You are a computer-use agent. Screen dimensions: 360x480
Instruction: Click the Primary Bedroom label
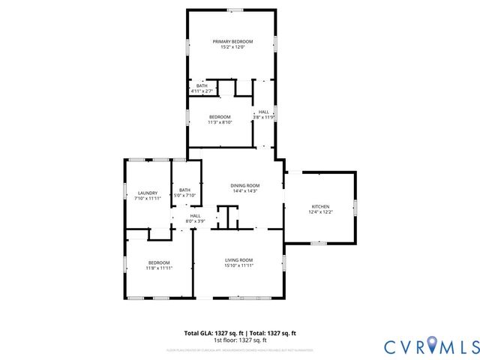(232, 41)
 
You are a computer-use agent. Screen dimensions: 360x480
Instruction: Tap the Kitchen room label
(320, 206)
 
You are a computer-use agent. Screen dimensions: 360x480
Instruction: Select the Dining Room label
(244, 185)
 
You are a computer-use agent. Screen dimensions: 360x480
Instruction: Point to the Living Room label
(240, 260)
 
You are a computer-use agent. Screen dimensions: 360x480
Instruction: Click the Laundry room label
(147, 193)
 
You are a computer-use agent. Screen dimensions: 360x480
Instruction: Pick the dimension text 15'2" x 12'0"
(232, 47)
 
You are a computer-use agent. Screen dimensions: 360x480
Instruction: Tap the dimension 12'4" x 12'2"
(320, 212)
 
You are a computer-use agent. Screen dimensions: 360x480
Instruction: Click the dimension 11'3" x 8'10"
(219, 122)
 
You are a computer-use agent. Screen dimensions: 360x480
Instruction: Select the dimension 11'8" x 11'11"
(159, 268)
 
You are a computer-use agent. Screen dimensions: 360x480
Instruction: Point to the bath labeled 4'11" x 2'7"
(202, 88)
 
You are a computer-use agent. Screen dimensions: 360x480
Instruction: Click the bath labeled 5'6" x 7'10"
(184, 193)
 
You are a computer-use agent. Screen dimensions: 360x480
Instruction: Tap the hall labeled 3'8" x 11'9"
(264, 115)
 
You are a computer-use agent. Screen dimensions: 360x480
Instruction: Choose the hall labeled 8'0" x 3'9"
(195, 218)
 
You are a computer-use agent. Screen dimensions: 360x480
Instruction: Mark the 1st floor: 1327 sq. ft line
(240, 340)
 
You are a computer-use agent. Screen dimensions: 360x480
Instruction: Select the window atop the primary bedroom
(235, 10)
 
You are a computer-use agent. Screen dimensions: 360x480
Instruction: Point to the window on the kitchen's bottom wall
(319, 243)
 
